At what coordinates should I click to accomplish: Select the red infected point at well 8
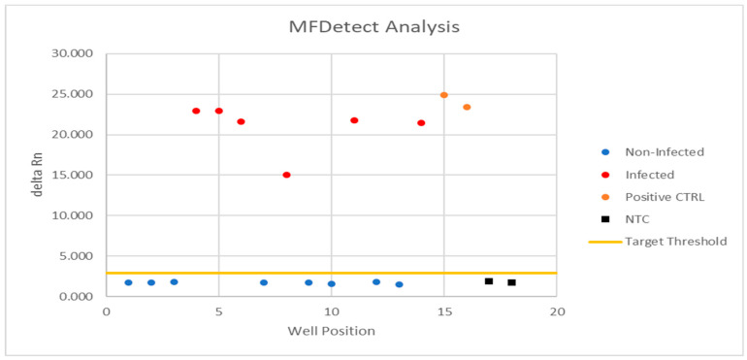pos(286,175)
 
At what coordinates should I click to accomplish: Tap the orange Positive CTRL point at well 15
pos(443,95)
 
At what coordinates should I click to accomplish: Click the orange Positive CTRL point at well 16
pos(467,107)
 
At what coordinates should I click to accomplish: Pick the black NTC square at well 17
pos(489,280)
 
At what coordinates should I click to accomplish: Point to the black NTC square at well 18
pos(511,282)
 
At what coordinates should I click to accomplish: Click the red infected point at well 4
pos(196,111)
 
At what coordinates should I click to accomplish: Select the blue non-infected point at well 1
pos(128,282)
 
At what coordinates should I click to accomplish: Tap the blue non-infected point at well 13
pos(399,284)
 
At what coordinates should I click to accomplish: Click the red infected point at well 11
pos(354,120)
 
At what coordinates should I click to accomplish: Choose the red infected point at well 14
pos(421,123)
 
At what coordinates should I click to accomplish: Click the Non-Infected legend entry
pos(663,152)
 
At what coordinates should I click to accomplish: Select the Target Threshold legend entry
pos(675,241)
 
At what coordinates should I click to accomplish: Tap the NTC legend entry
pos(638,218)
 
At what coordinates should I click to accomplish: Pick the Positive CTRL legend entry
pos(665,197)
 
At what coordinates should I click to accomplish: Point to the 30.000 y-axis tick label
pos(73,53)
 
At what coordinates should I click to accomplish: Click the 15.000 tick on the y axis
pos(73,175)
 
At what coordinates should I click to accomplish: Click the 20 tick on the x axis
pos(557,311)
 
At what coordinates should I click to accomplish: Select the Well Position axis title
pos(331,332)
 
